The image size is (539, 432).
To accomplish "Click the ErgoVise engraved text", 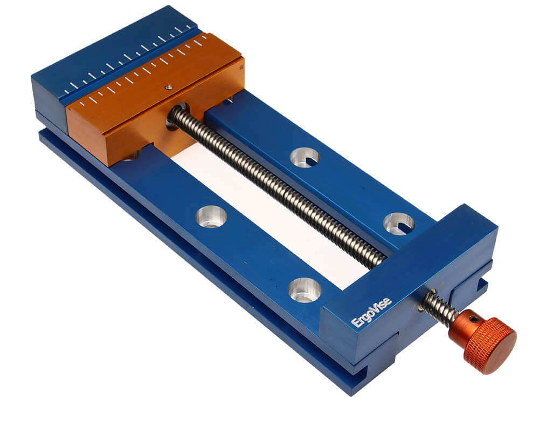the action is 371,313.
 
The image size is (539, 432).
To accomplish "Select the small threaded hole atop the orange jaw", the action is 168,87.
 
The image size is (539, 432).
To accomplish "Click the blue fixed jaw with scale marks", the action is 113,65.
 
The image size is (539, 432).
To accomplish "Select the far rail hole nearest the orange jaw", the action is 305,157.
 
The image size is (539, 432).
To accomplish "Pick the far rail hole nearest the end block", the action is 399,224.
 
